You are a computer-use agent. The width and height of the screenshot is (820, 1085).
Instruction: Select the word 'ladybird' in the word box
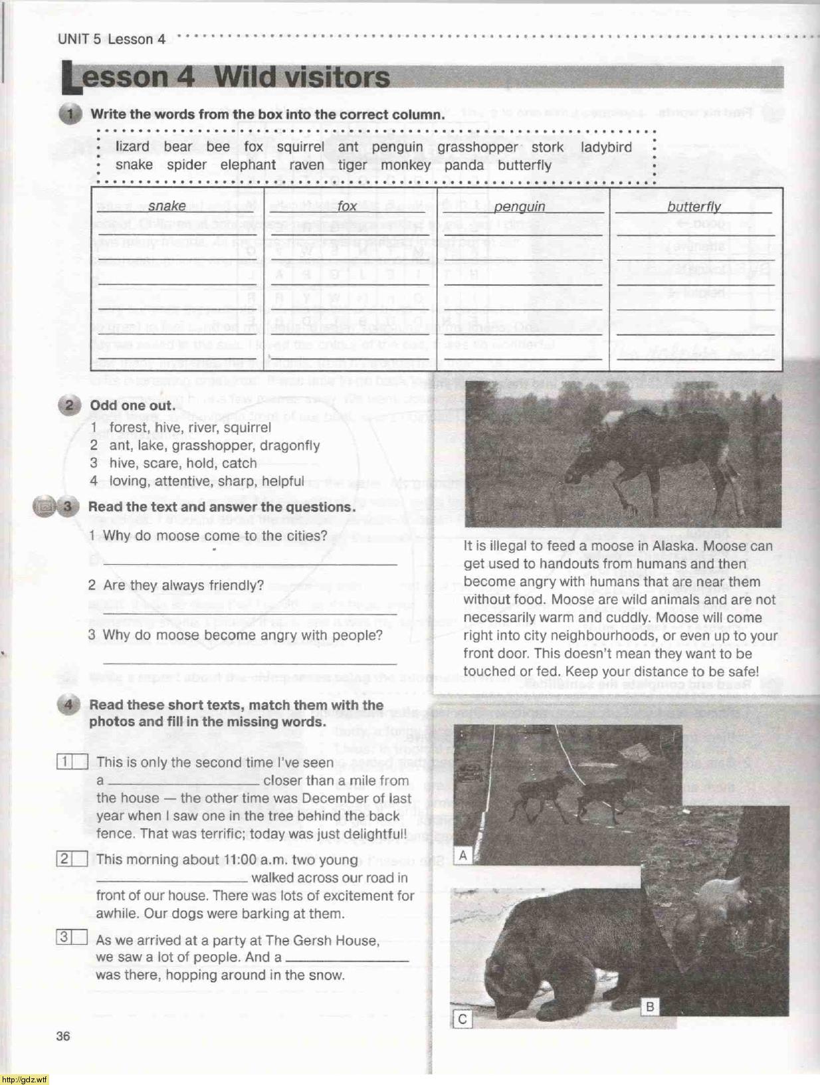(x=606, y=147)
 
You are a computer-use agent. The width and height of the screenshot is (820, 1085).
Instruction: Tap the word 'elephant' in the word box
(x=248, y=165)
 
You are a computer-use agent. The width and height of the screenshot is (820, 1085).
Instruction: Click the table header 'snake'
(x=167, y=206)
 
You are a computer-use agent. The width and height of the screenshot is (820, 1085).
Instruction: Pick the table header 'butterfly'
(x=694, y=207)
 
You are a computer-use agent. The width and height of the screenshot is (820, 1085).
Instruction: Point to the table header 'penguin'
(x=519, y=207)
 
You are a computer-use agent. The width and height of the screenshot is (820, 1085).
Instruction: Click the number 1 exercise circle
(x=70, y=114)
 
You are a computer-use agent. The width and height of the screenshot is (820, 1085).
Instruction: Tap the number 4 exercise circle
(x=69, y=705)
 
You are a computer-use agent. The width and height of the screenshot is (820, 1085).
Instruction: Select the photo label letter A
(x=462, y=855)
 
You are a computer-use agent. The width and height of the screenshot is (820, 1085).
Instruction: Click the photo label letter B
(x=650, y=1007)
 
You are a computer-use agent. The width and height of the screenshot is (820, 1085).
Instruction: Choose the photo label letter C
(x=462, y=1019)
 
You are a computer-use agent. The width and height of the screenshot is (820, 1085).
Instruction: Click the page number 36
(x=63, y=1036)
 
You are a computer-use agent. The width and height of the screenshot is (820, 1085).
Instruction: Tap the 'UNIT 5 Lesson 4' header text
(x=111, y=39)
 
